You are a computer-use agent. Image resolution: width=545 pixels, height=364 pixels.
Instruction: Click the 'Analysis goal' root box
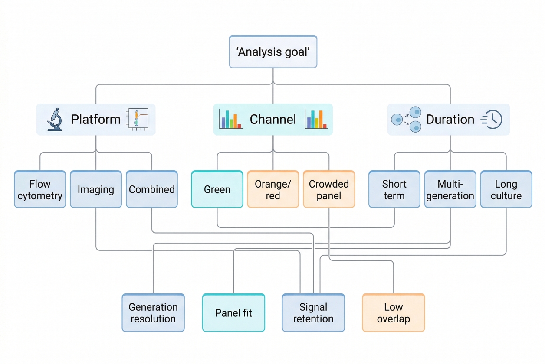(x=273, y=52)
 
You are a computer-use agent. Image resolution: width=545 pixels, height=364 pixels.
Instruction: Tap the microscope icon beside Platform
(x=55, y=120)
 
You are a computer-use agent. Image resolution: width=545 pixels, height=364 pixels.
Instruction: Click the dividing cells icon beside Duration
(x=407, y=119)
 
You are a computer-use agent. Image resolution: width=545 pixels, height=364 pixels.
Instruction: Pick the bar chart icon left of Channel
(x=230, y=119)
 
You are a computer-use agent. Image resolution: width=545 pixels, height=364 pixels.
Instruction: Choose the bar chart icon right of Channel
(x=316, y=119)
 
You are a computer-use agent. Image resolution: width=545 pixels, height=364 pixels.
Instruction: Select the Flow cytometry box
(x=40, y=189)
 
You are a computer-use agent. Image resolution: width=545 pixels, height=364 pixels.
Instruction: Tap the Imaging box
(x=96, y=189)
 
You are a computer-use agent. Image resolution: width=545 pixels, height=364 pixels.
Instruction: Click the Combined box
(x=152, y=189)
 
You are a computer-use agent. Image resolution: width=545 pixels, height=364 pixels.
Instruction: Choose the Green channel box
(x=217, y=189)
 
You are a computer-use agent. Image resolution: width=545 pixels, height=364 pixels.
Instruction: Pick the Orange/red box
(x=273, y=189)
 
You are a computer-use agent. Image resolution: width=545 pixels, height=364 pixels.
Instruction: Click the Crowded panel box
(x=329, y=189)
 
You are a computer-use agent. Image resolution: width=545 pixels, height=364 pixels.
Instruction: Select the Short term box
(x=394, y=189)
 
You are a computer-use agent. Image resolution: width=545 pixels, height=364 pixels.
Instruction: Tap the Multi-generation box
(x=450, y=189)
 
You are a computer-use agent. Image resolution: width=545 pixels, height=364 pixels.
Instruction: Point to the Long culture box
(x=506, y=189)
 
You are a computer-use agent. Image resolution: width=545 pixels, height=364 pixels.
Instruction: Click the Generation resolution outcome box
(x=153, y=312)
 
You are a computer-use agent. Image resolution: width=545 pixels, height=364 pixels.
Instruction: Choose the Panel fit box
(x=233, y=312)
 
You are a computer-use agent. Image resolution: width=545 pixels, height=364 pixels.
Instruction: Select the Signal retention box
(x=313, y=312)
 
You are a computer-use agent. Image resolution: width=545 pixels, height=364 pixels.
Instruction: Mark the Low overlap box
(x=393, y=312)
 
